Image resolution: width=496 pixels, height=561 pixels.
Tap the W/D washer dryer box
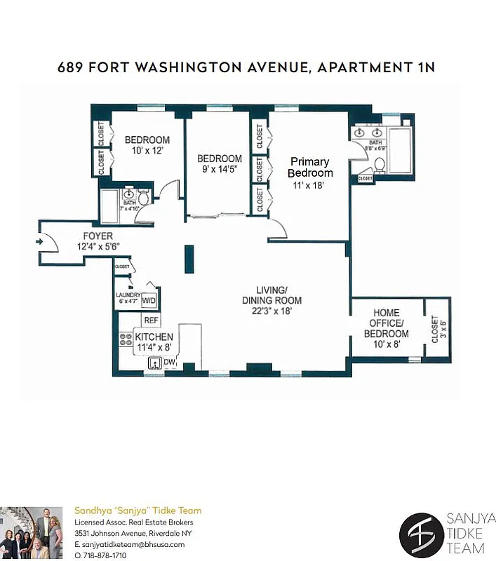[149, 300]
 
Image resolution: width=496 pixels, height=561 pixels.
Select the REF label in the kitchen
[150, 320]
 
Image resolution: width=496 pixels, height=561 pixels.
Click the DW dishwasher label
[168, 362]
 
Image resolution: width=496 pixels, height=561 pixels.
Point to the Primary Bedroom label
[309, 168]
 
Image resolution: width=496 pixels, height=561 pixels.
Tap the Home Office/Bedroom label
[386, 323]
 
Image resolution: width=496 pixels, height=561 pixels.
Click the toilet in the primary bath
[380, 165]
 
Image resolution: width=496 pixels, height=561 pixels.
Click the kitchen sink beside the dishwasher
[152, 363]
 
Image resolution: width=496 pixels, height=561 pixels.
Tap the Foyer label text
[98, 236]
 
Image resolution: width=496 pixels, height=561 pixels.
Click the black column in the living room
[189, 259]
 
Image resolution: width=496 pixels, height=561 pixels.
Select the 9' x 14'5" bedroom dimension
[220, 168]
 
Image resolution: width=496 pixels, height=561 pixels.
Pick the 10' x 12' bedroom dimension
[147, 151]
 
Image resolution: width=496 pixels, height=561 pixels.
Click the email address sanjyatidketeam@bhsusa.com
[129, 544]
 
